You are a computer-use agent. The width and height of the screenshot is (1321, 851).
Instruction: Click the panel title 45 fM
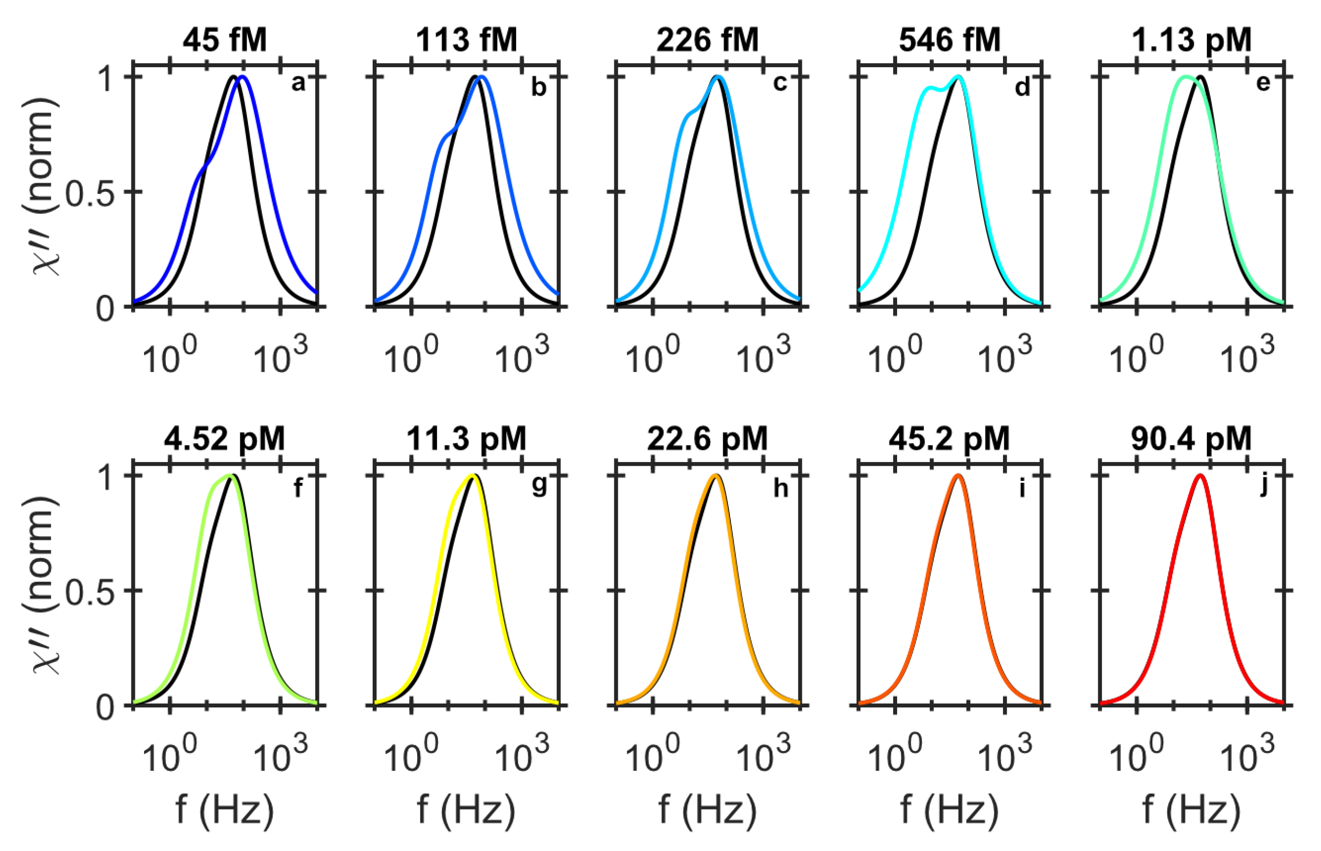point(224,40)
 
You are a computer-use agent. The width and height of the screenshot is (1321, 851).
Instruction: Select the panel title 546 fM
point(950,40)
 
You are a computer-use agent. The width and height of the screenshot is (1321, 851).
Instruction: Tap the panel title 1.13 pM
point(1191,40)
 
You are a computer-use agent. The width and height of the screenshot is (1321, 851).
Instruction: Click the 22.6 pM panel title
point(708,439)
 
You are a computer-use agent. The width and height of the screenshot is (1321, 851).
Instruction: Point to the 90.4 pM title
point(1191,439)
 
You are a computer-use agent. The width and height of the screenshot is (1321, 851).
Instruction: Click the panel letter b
point(538,87)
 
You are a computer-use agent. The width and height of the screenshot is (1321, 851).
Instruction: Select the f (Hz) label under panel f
point(224,809)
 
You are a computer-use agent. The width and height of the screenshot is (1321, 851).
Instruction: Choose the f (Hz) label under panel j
point(1191,809)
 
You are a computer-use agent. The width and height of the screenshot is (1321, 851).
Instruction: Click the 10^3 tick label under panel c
point(763,357)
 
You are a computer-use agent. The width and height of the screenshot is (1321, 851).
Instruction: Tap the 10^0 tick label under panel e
point(1136,357)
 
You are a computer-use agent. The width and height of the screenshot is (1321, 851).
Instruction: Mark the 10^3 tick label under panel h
point(763,756)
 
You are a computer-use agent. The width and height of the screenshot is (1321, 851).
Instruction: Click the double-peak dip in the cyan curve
point(942,89)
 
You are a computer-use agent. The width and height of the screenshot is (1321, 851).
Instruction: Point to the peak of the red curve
point(1200,475)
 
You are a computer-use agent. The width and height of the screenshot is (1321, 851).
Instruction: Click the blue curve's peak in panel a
point(242,77)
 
